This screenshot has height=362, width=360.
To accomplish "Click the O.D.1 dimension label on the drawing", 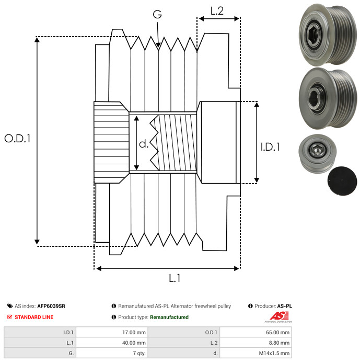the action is pyautogui.click(x=17, y=139).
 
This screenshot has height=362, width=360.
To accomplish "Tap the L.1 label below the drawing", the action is pyautogui.click(x=175, y=278).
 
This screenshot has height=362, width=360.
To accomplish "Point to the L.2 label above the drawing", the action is pyautogui.click(x=217, y=11).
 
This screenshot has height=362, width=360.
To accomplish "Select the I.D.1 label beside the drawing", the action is pyautogui.click(x=270, y=147).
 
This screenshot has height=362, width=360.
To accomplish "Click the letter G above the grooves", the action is pyautogui.click(x=157, y=14).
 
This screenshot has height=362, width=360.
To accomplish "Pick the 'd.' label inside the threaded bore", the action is pyautogui.click(x=144, y=144).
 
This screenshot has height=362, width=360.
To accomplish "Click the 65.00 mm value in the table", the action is pyautogui.click(x=277, y=332).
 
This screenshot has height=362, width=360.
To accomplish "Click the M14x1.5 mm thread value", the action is pyautogui.click(x=274, y=353).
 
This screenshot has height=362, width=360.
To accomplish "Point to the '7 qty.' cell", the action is pyautogui.click(x=140, y=353).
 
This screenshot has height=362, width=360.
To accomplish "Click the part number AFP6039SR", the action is pyautogui.click(x=51, y=306).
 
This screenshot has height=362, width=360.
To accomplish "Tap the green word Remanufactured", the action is pyautogui.click(x=169, y=317).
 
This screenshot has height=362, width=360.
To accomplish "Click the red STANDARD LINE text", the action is pyautogui.click(x=34, y=317).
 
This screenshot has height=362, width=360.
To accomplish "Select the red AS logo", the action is pyautogui.click(x=280, y=315).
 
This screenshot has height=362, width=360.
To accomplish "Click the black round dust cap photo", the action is pyautogui.click(x=342, y=181).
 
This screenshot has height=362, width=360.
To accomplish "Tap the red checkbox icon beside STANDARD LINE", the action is pyautogui.click(x=10, y=317).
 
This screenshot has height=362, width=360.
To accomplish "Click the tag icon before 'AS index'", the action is pyautogui.click(x=10, y=306).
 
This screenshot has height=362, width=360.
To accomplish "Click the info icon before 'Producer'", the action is pyautogui.click(x=250, y=306).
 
